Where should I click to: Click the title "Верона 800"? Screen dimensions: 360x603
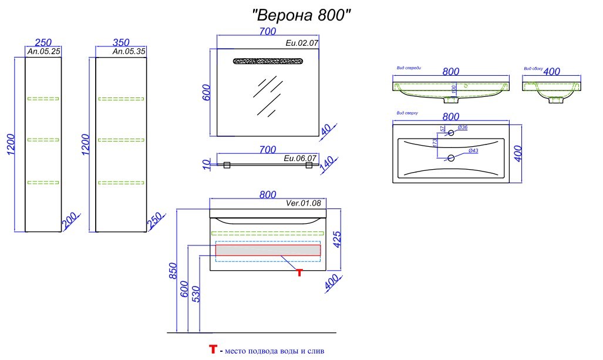pos(301,14)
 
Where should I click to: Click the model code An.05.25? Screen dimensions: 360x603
pos(44,52)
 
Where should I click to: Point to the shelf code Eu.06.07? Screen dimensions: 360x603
pos(301,158)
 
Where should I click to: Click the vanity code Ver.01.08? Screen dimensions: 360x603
pos(304,204)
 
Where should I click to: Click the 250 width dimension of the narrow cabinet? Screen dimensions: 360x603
pos(43,42)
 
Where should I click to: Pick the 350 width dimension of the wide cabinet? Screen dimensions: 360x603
pos(120,42)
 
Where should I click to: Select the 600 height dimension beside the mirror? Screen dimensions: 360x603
pos(207,92)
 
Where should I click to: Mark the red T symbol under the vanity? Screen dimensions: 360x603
pos(299,272)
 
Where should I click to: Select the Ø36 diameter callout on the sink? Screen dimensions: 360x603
pos(462,127)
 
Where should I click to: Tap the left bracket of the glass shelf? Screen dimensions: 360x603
pos(228,165)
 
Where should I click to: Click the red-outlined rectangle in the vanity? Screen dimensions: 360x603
pos(268,250)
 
